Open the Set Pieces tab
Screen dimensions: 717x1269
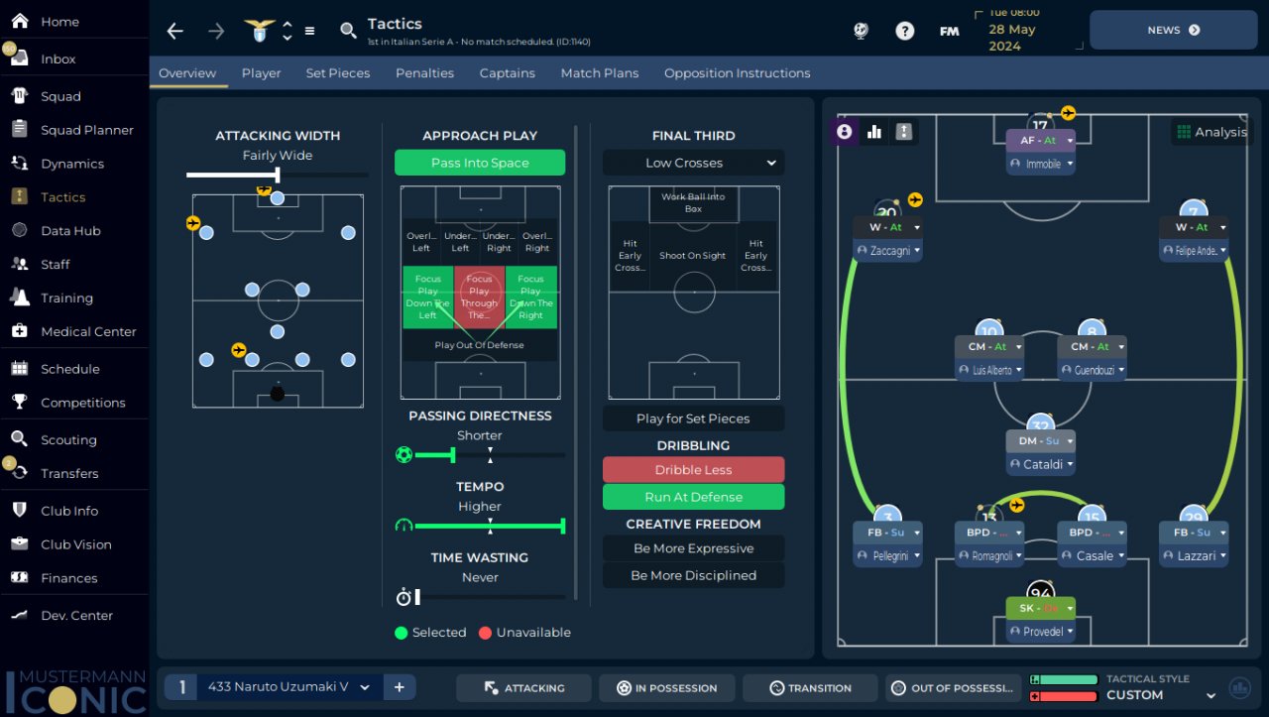[337, 73]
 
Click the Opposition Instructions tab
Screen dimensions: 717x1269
[737, 73]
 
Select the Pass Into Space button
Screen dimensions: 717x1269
[480, 163]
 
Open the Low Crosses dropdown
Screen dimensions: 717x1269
[693, 163]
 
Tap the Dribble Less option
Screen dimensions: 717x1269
[693, 470]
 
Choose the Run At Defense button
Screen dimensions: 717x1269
[693, 497]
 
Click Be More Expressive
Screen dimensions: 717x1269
[693, 548]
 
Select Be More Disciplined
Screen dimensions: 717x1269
[693, 575]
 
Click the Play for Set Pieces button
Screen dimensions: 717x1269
[693, 418]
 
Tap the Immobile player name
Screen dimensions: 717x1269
[1042, 164]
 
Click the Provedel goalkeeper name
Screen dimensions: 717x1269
[1042, 632]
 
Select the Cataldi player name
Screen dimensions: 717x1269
[1042, 464]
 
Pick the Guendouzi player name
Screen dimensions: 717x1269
[1094, 370]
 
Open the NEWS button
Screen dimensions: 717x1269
[1174, 31]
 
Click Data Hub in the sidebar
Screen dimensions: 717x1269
[70, 231]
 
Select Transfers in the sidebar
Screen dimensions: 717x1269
[69, 473]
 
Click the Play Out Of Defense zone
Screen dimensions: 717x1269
[480, 345]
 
